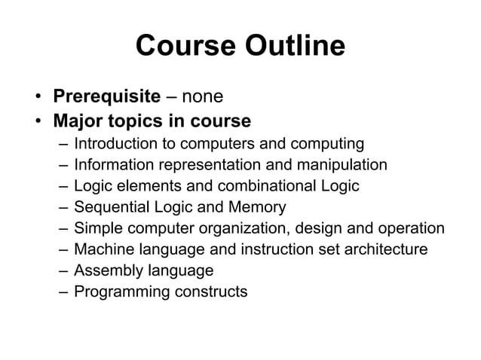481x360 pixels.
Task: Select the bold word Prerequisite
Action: [106, 97]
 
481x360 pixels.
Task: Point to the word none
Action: [202, 97]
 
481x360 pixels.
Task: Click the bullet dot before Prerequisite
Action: [37, 97]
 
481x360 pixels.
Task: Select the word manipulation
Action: [340, 164]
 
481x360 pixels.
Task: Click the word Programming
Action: [121, 291]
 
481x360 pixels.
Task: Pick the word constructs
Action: [210, 291]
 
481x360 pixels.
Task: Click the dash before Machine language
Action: [60, 249]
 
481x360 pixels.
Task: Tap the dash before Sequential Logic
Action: [60, 206]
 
